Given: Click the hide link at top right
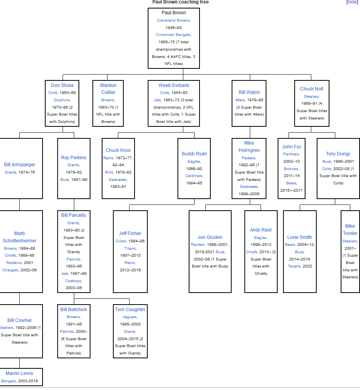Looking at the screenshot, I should click(x=352, y=2).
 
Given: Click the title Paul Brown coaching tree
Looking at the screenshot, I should click(x=180, y=2).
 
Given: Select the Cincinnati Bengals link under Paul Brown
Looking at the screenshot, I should click(x=173, y=35).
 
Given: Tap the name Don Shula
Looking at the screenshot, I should click(x=62, y=85).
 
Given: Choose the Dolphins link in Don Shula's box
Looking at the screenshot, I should click(x=62, y=100).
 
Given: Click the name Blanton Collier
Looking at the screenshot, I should click(x=108, y=89).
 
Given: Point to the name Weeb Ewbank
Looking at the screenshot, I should click(x=174, y=85).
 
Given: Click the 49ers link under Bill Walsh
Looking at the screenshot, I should click(x=240, y=100).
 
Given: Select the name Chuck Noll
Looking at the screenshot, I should click(x=312, y=89).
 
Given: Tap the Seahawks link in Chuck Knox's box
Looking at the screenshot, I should click(x=118, y=180).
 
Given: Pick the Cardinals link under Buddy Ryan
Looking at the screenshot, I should click(x=194, y=176).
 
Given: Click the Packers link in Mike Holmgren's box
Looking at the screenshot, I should click(x=248, y=158).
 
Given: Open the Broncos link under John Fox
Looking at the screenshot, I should click(x=291, y=169).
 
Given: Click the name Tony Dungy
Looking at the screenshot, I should click(x=338, y=154).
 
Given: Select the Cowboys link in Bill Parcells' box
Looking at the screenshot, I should click(x=73, y=281).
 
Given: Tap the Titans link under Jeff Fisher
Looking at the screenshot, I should click(x=130, y=248).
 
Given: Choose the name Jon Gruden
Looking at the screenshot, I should click(x=210, y=237).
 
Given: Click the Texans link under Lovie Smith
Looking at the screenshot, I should click(x=294, y=266).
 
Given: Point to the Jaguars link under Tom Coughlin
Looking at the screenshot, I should click(x=130, y=317).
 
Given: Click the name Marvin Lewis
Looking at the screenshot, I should click(x=19, y=373).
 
